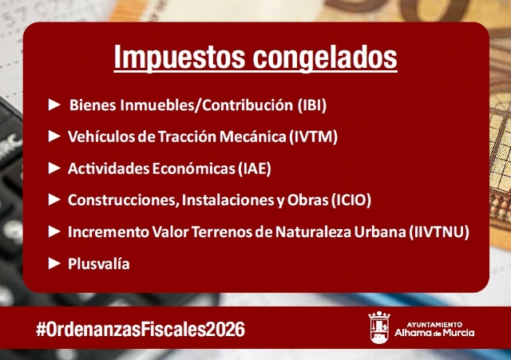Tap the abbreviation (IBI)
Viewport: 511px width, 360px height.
tap(311, 105)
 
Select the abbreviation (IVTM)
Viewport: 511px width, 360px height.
tap(313, 136)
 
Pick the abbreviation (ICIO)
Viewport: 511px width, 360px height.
tap(351, 200)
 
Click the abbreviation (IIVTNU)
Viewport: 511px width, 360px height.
tap(438, 231)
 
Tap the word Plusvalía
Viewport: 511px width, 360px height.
tap(99, 263)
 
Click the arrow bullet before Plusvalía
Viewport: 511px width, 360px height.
tap(54, 263)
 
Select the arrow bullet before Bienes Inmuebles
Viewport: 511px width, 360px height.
tap(54, 105)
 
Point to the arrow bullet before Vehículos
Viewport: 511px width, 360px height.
tap(54, 136)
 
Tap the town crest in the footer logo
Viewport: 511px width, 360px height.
tap(379, 327)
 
